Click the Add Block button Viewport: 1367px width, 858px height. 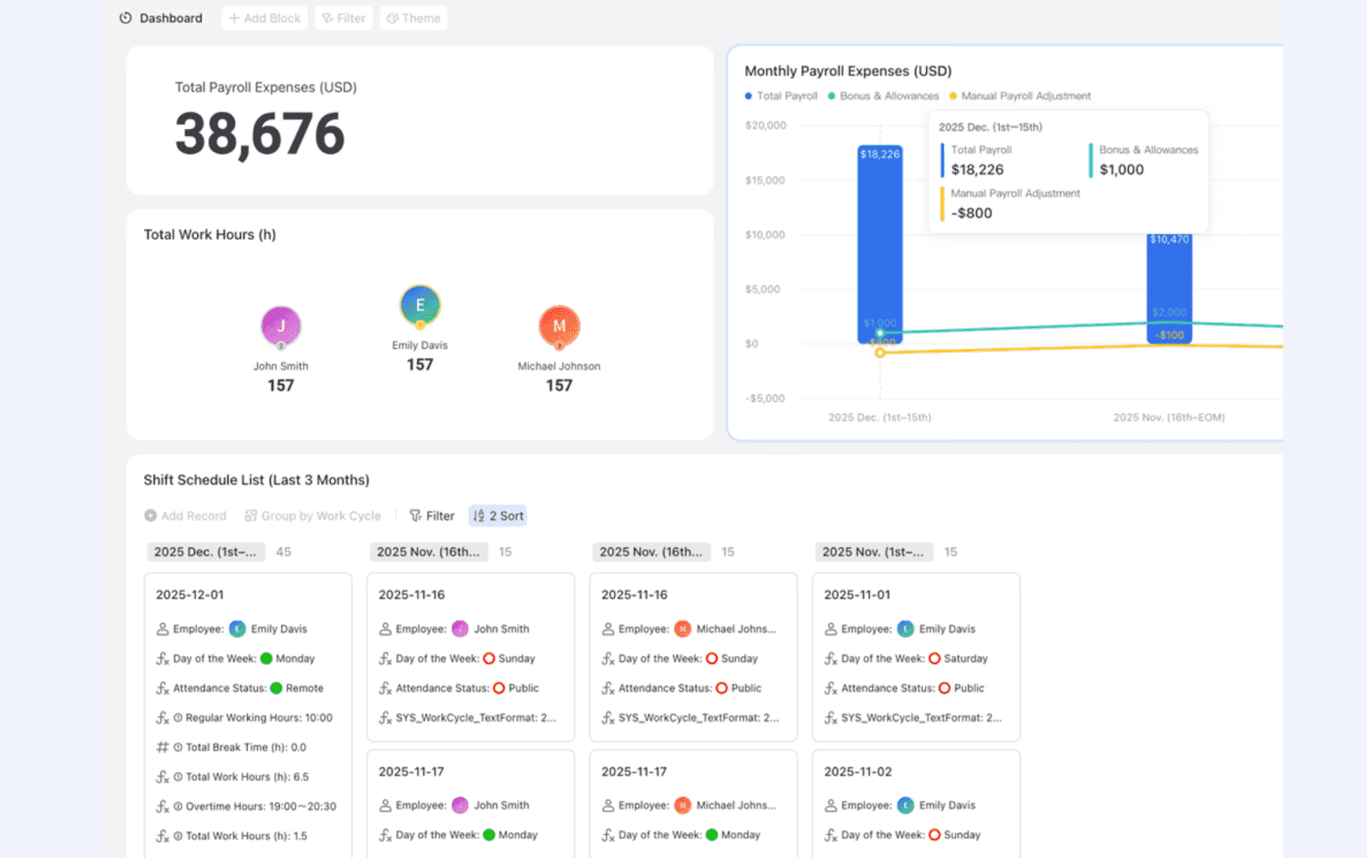[265, 18]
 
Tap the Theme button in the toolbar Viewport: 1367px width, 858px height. [414, 18]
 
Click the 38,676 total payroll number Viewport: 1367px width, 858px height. [260, 134]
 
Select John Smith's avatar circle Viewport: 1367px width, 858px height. [281, 326]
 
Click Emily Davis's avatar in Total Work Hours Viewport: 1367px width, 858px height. [419, 305]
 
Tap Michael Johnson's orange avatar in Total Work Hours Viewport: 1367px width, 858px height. [559, 326]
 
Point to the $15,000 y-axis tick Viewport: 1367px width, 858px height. [765, 180]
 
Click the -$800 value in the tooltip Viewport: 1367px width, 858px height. [971, 214]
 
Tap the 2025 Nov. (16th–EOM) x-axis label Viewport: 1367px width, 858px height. [1169, 418]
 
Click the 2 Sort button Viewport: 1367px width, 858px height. [498, 516]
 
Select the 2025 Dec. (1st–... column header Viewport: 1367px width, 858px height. [205, 552]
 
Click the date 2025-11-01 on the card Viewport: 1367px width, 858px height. [857, 595]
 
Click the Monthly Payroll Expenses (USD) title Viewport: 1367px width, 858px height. [848, 71]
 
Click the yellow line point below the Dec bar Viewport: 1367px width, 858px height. [880, 352]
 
